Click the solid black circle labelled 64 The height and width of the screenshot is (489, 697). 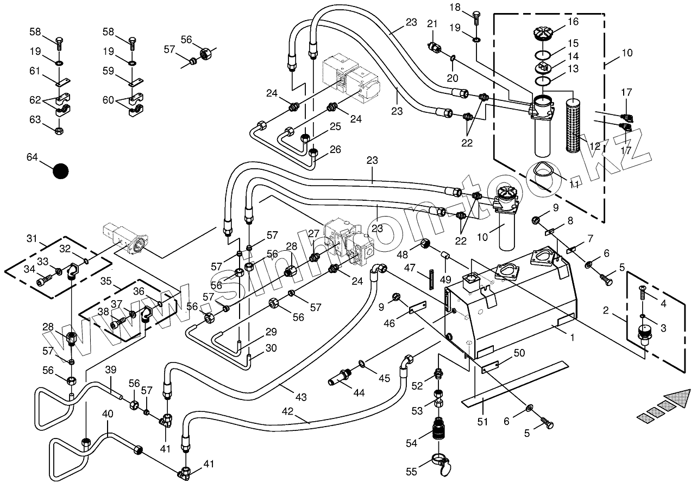click(x=61, y=171)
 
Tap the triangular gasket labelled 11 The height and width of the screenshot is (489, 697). click(x=542, y=173)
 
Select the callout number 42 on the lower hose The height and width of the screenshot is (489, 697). click(x=287, y=411)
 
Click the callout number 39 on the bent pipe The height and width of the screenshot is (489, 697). click(x=111, y=370)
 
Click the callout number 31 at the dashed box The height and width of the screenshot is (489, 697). click(x=32, y=238)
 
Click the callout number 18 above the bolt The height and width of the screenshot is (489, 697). click(x=455, y=7)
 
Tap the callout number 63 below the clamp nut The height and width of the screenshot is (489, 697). click(x=35, y=119)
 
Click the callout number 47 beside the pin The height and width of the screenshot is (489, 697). click(x=410, y=268)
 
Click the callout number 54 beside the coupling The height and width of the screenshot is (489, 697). click(x=411, y=443)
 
